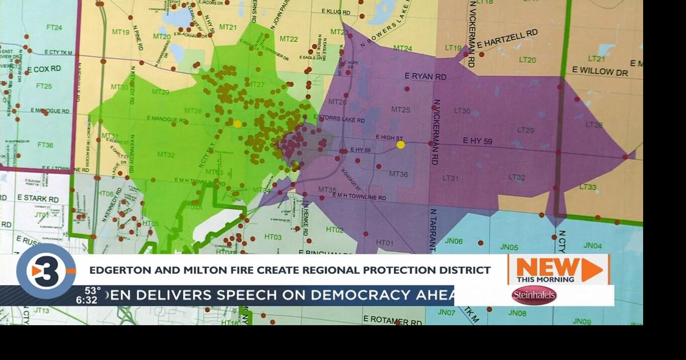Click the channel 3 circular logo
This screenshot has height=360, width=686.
pyautogui.click(x=46, y=271)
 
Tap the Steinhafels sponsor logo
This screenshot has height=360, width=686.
pyautogui.click(x=534, y=295)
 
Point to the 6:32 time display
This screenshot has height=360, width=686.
pyautogui.click(x=86, y=300)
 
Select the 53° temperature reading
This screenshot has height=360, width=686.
pyautogui.click(x=92, y=290)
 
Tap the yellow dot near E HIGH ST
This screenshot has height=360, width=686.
pyautogui.click(x=400, y=145)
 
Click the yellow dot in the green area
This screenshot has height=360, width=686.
pyautogui.click(x=237, y=124)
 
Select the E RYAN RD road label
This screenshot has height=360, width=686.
pyautogui.click(x=426, y=77)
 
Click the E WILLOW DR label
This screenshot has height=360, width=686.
pyautogui.click(x=600, y=71)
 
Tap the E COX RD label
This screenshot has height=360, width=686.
pyautogui.click(x=43, y=69)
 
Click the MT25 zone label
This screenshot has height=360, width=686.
pyautogui.click(x=400, y=110)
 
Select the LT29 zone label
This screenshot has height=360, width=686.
pyautogui.click(x=525, y=130)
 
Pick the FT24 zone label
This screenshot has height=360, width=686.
pyautogui.click(x=54, y=27)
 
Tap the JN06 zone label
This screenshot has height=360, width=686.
pyautogui.click(x=453, y=241)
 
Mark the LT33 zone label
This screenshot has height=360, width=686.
pyautogui.click(x=588, y=187)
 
